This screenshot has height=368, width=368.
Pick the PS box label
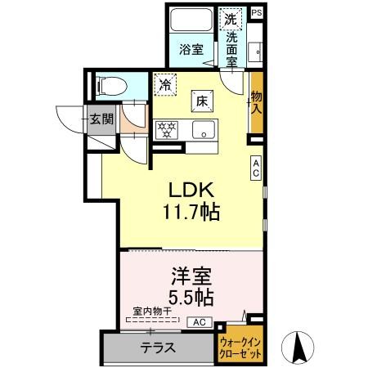click(257, 12)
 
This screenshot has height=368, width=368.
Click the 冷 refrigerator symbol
click(165, 83)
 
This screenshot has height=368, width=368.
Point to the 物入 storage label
click(257, 101)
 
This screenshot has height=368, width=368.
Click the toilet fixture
click(110, 86)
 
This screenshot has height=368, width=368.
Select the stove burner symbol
click(168, 129)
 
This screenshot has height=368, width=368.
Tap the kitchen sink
click(204, 129)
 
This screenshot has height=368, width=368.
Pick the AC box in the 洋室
click(200, 323)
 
